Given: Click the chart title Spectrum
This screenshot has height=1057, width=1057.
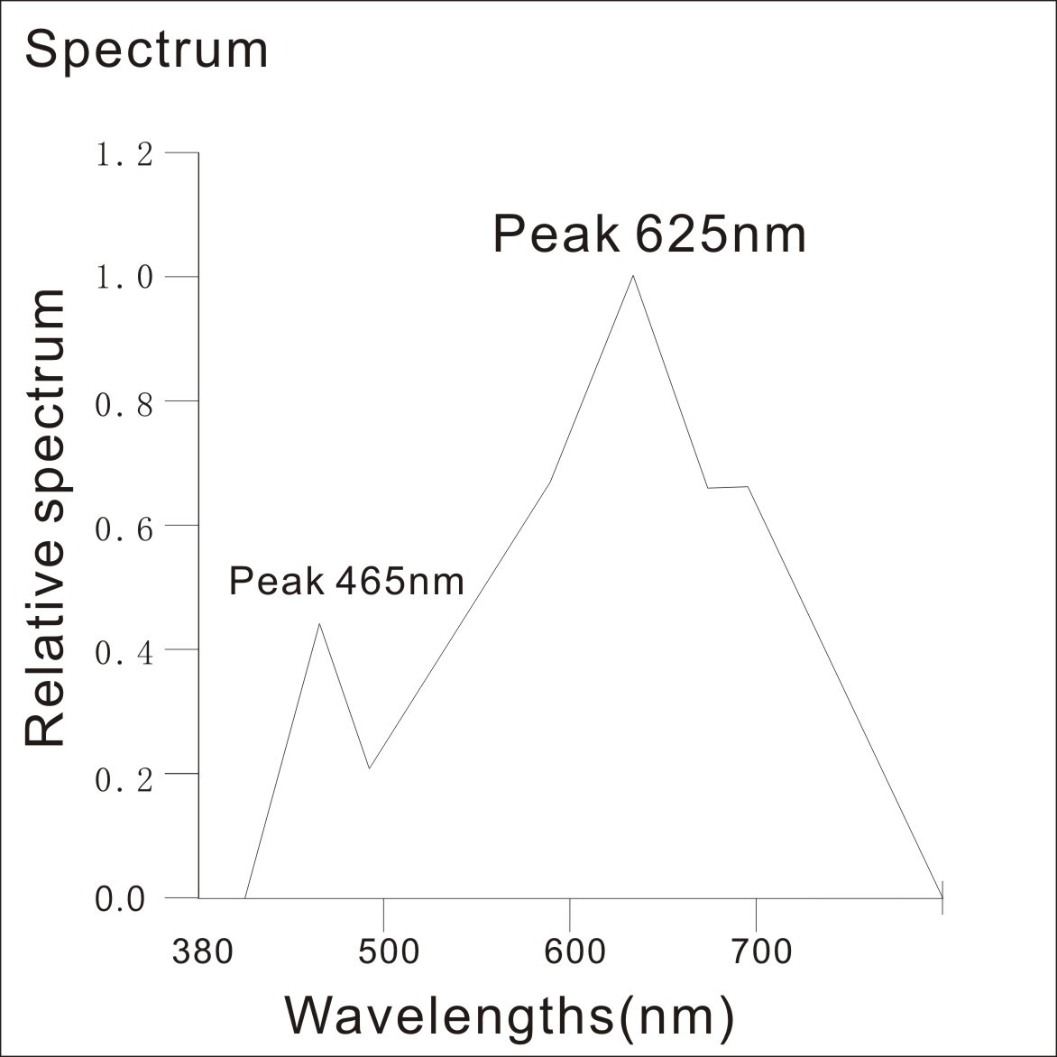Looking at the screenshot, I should [x=146, y=50].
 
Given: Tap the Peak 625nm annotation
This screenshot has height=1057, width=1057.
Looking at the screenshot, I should [x=649, y=234].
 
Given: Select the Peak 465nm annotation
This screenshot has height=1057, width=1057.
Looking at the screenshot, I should [x=346, y=581].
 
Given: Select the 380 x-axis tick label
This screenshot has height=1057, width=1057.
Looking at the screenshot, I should [x=204, y=951].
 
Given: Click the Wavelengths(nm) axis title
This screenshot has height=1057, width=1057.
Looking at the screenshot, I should [x=510, y=1016].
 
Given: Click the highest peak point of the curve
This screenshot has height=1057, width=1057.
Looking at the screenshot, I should [x=633, y=276].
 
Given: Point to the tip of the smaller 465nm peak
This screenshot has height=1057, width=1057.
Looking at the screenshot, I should [x=319, y=623].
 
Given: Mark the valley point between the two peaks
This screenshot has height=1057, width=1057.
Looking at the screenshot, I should [x=369, y=768].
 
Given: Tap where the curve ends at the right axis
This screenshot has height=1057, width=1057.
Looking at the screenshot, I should [x=942, y=897].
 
